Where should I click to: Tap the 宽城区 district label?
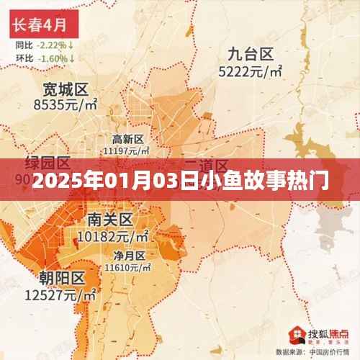65,89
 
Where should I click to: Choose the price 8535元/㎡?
65,105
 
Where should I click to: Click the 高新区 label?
128,139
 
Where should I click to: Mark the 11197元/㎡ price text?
127,150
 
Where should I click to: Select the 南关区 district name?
108,219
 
